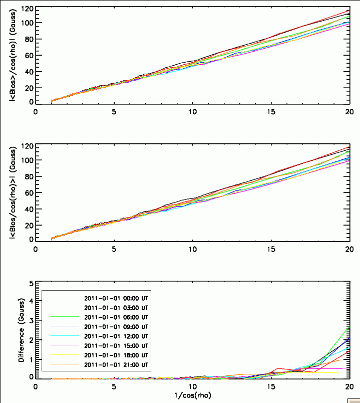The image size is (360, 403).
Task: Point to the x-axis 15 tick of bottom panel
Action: coord(271,386)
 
